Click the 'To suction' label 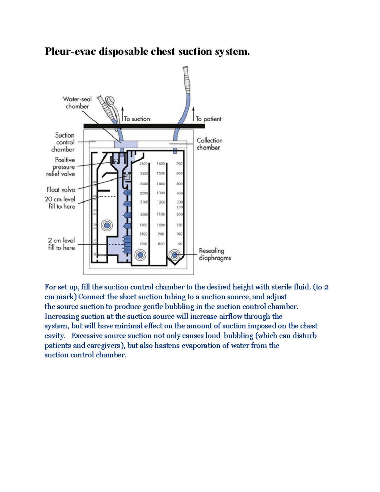click(x=137, y=119)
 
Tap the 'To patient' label click(x=208, y=119)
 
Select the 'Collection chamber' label click(x=209, y=144)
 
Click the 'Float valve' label click(x=61, y=190)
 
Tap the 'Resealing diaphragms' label click(x=215, y=254)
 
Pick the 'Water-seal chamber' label click(x=77, y=103)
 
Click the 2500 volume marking click(x=143, y=164)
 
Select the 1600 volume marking click(x=161, y=164)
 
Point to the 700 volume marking click(x=179, y=164)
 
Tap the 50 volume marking click(x=180, y=244)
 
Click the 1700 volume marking click(x=143, y=244)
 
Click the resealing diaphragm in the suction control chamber click(x=107, y=226)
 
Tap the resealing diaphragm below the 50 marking click(x=174, y=255)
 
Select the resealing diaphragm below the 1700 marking click(x=140, y=255)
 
